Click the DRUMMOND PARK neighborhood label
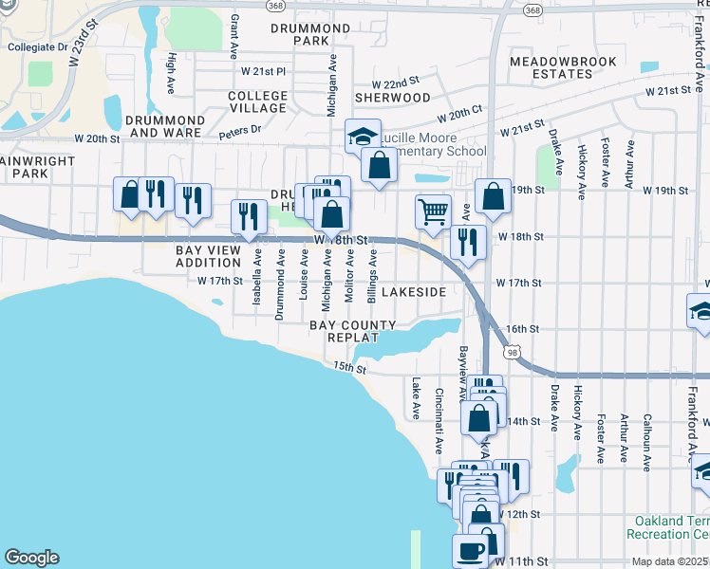tap(309, 35)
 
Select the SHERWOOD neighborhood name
tap(393, 98)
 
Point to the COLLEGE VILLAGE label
tap(257, 102)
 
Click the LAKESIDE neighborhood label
tap(413, 293)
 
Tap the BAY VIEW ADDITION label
tap(208, 256)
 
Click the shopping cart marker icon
tap(433, 211)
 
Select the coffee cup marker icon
tap(471, 548)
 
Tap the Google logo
tap(31, 558)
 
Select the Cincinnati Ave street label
tap(439, 421)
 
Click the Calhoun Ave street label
tap(646, 438)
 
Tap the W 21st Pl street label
tap(263, 71)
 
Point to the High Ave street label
tap(171, 68)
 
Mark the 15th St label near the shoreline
tap(349, 367)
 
